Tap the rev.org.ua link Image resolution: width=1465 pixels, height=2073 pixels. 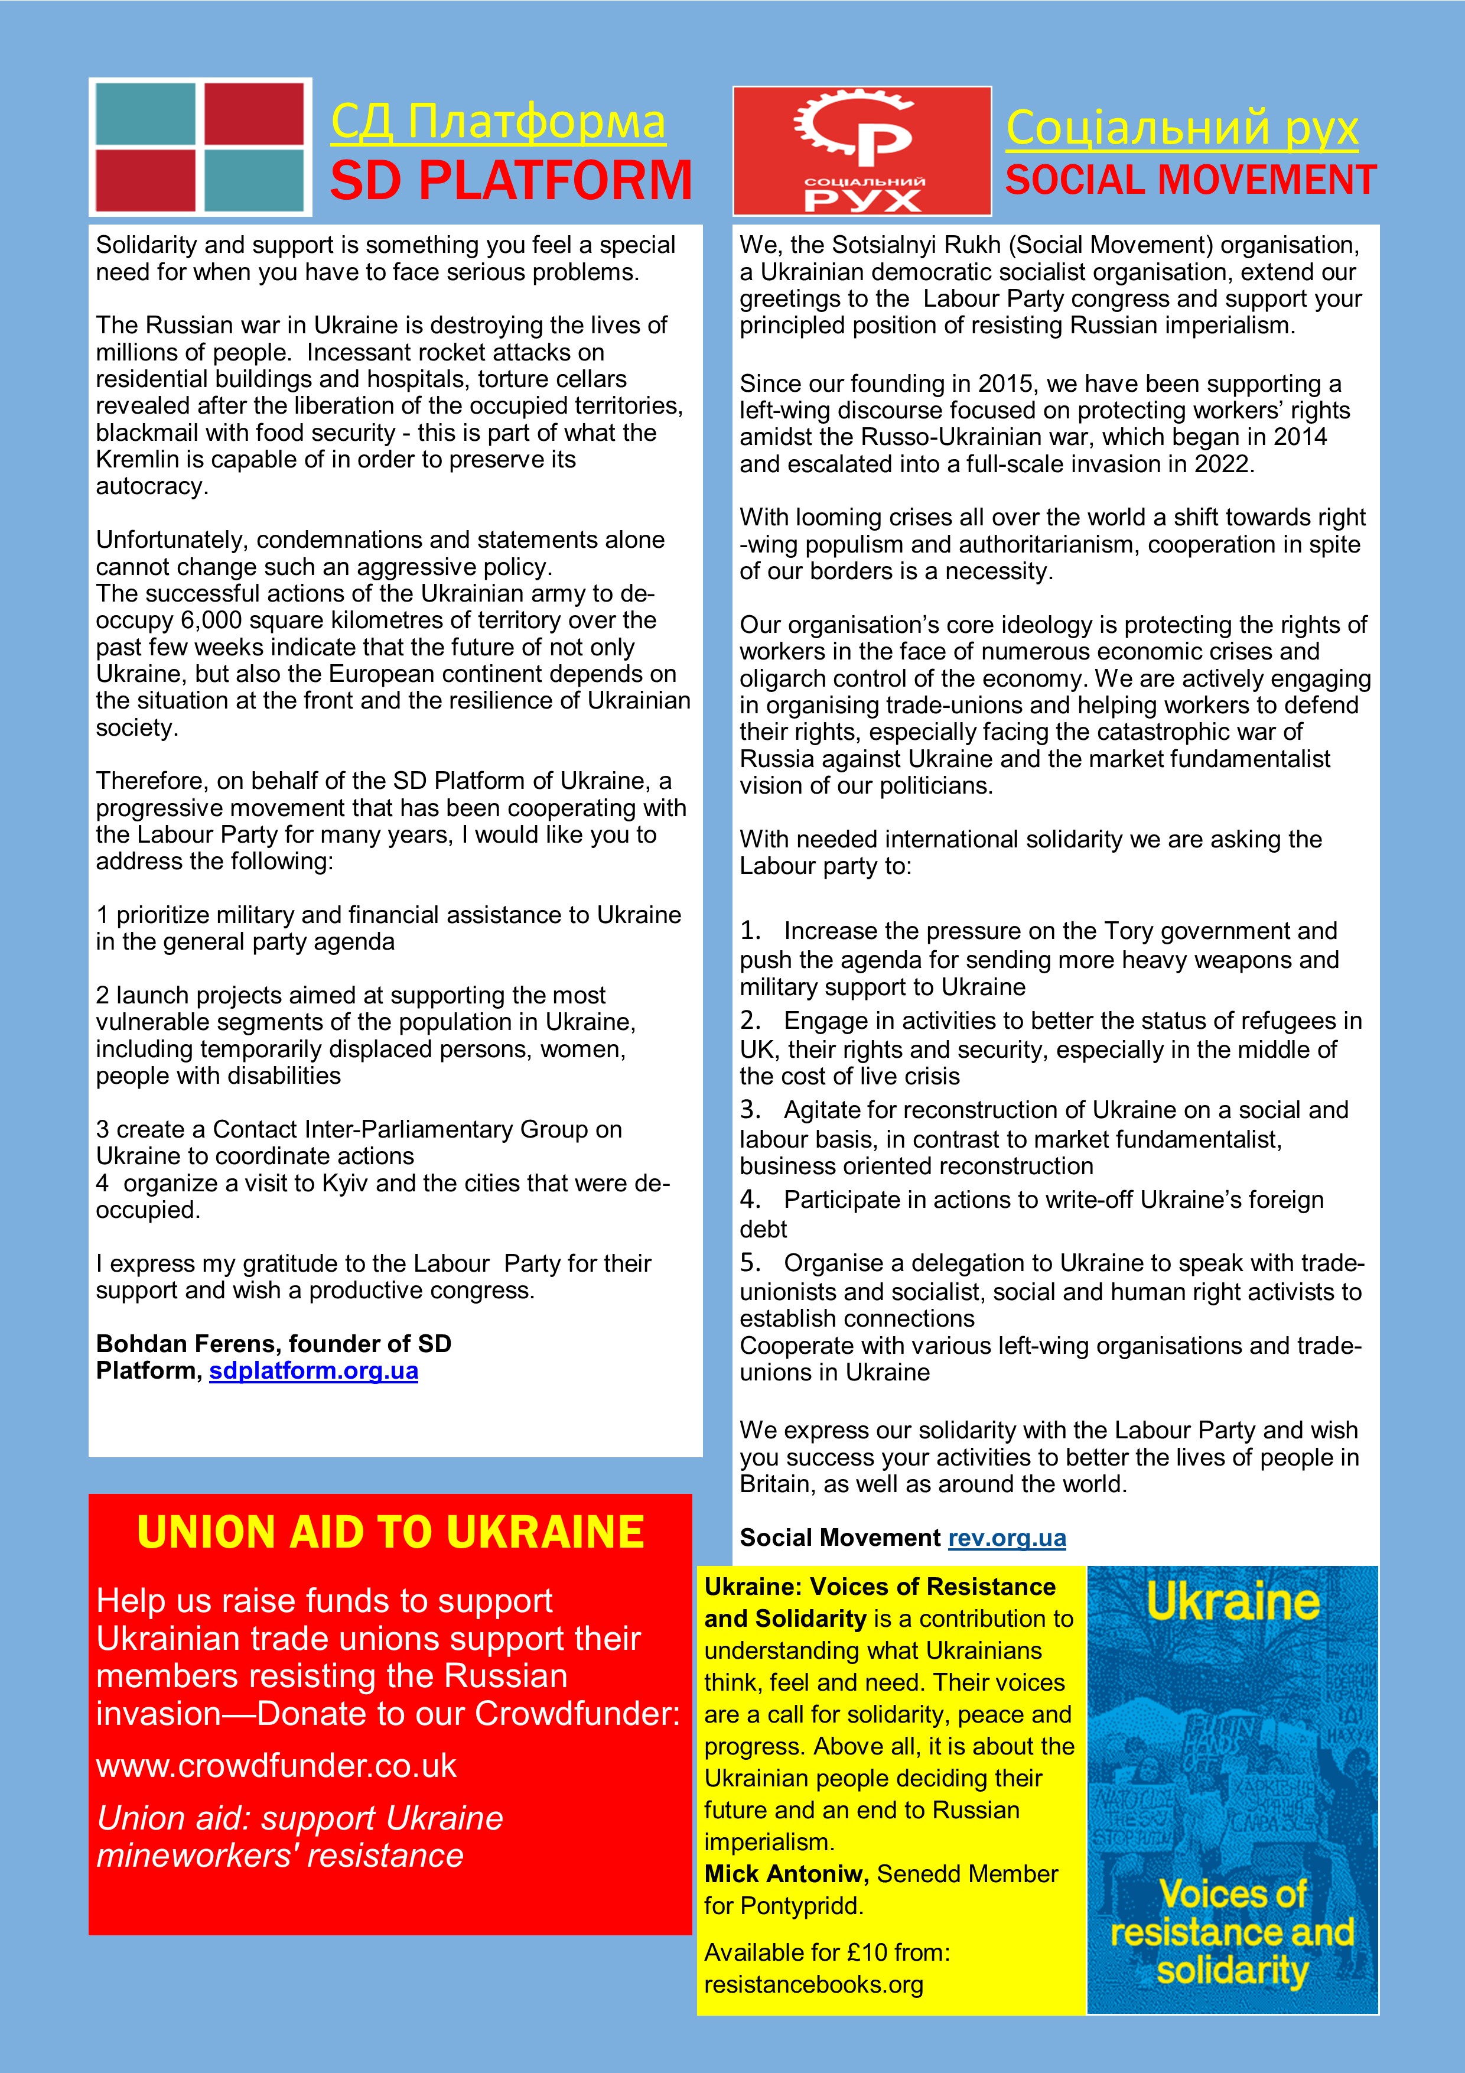point(1007,1538)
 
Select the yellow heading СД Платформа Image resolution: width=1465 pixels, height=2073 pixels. point(498,122)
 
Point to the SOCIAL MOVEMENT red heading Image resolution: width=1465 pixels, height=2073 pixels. point(1190,180)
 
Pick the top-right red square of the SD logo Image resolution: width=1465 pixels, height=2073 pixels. point(255,114)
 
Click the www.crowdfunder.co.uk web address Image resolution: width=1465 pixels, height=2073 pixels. point(276,1765)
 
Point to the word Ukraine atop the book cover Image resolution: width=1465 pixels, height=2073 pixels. point(1232,1603)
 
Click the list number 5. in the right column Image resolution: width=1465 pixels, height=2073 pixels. point(750,1262)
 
